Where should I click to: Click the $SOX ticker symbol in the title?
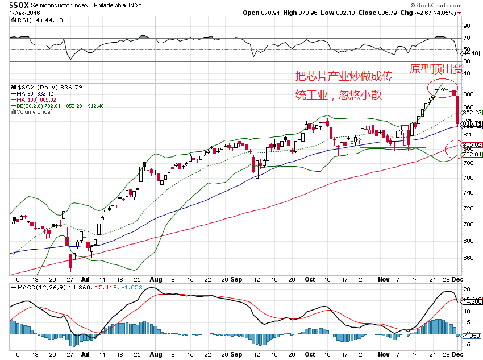[19, 5]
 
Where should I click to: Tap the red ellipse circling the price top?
[444, 89]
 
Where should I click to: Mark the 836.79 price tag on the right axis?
[472, 123]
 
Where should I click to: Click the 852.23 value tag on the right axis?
[472, 113]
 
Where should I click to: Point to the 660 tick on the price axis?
[469, 258]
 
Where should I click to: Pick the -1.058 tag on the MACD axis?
[472, 336]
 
